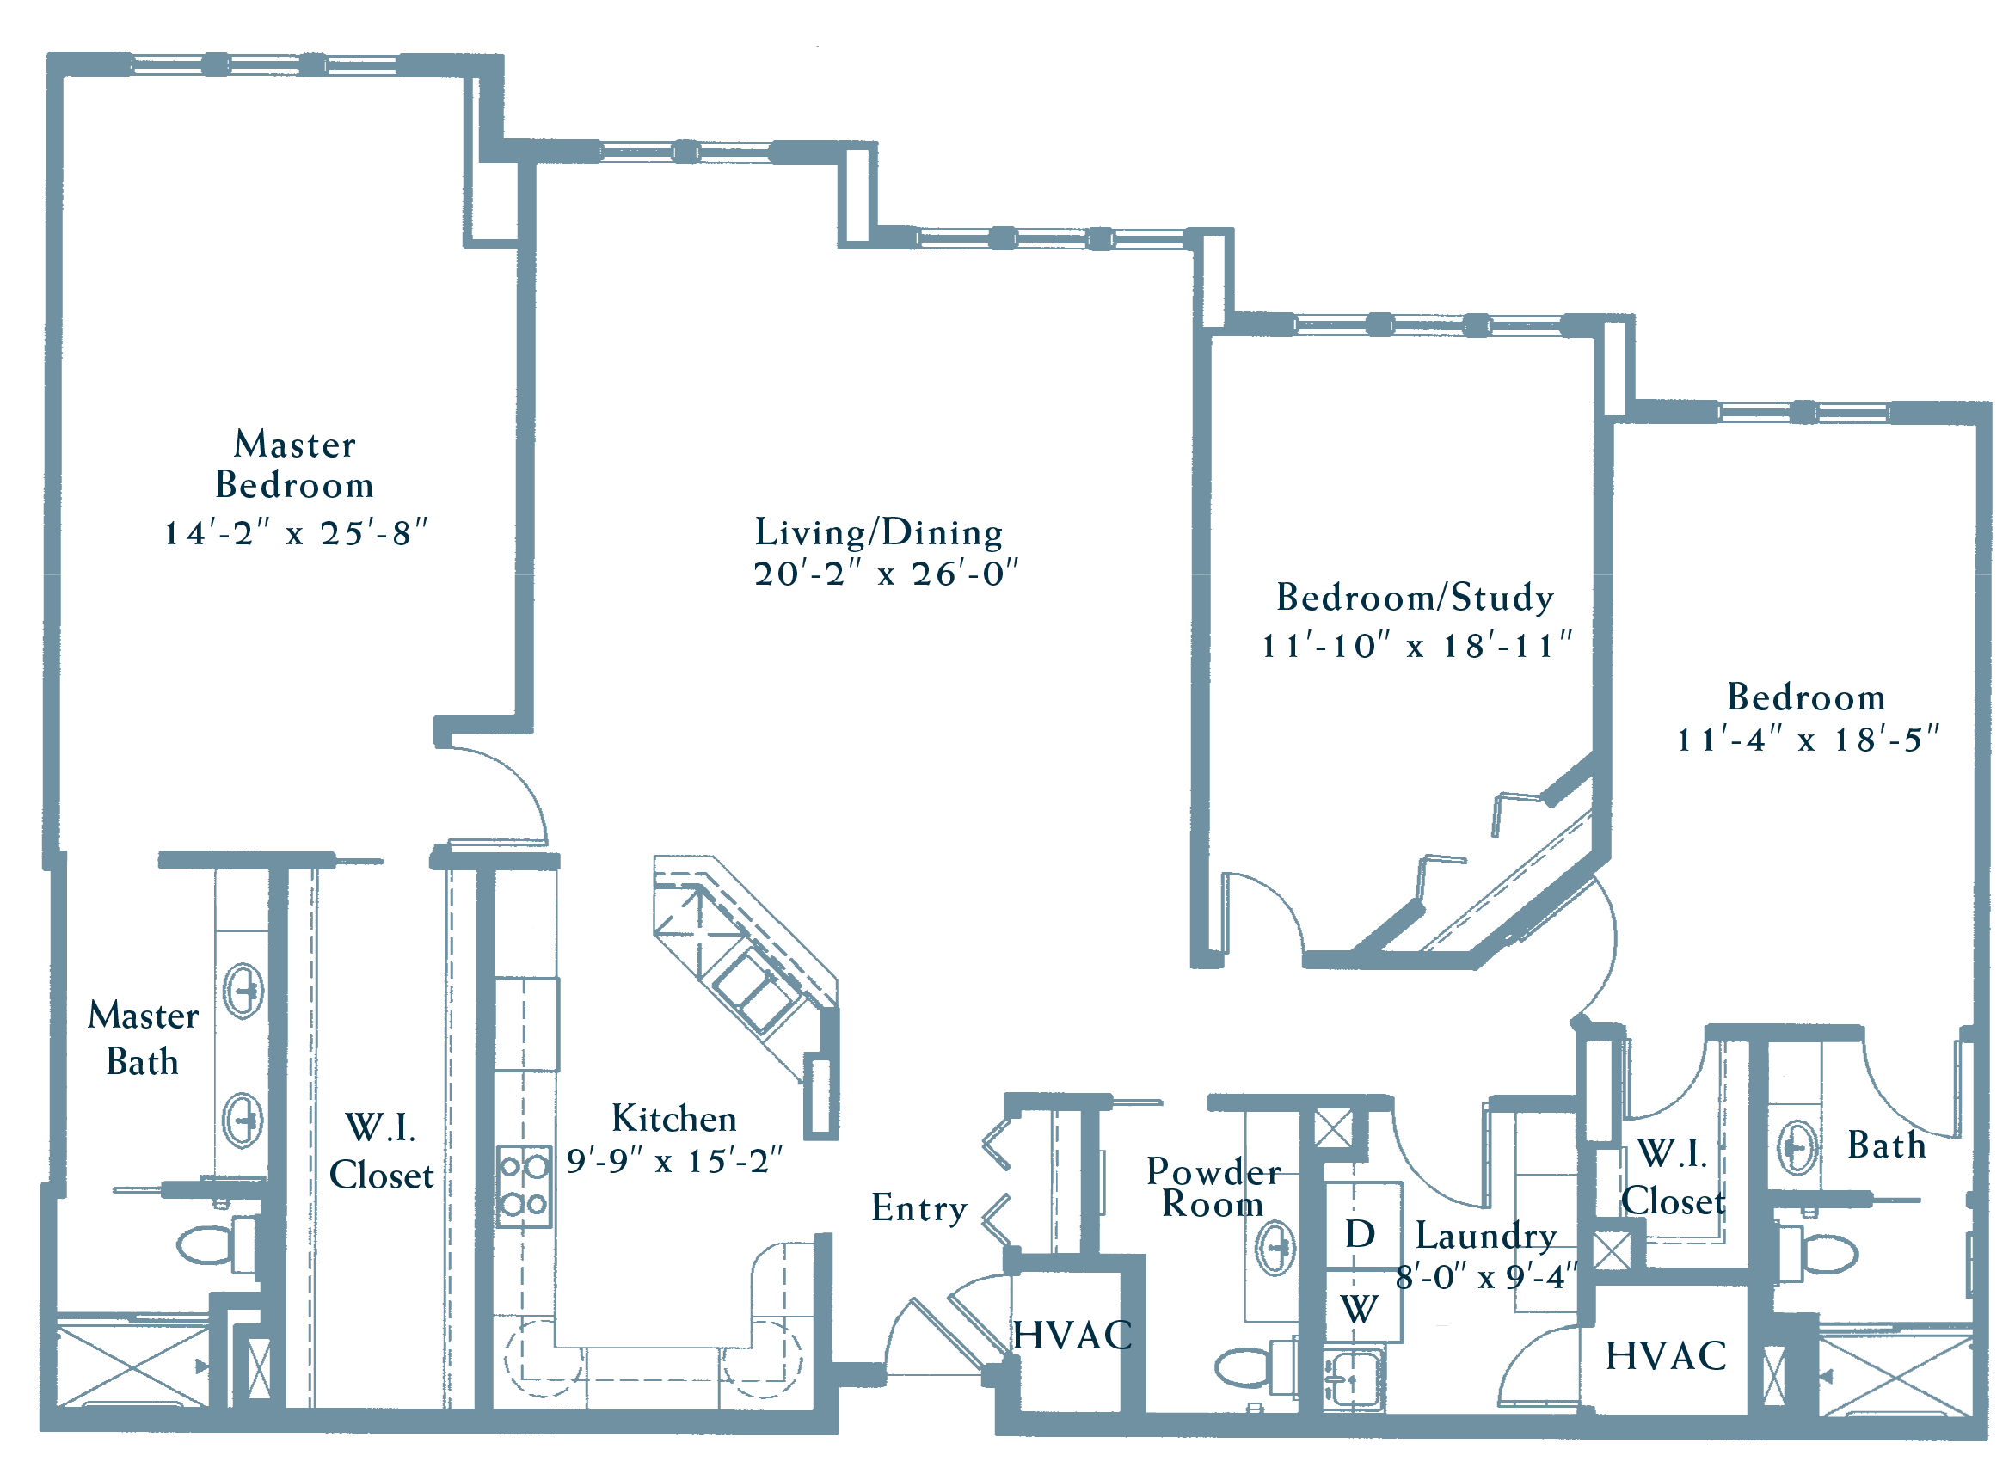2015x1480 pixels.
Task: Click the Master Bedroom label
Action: pos(295,464)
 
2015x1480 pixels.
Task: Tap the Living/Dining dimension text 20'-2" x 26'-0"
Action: pos(886,574)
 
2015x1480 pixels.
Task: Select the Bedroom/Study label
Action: pos(1415,598)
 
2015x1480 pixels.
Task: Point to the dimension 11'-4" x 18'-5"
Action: pos(1807,739)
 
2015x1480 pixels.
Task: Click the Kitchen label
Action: pos(673,1119)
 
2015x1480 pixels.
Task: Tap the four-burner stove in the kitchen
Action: pos(524,1186)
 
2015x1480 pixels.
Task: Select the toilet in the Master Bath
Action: pos(218,1244)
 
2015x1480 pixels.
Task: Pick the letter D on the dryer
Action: pos(1360,1235)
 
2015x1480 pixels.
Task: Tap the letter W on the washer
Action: pos(1359,1311)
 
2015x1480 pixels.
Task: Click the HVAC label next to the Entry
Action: pos(1072,1336)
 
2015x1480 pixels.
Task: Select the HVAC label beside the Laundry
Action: pos(1666,1356)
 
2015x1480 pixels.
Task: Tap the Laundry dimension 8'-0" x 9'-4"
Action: pos(1486,1277)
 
